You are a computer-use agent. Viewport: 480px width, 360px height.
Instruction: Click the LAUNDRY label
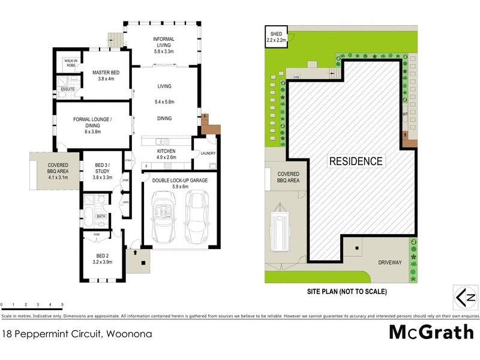208,153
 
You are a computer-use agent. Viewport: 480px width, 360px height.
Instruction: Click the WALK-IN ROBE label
67,62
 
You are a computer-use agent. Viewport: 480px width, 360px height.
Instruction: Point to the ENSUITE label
68,89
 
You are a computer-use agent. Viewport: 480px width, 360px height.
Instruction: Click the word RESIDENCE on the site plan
355,161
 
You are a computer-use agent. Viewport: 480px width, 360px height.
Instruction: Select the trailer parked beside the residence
280,229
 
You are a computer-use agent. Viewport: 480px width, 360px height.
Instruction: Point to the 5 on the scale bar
62,305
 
